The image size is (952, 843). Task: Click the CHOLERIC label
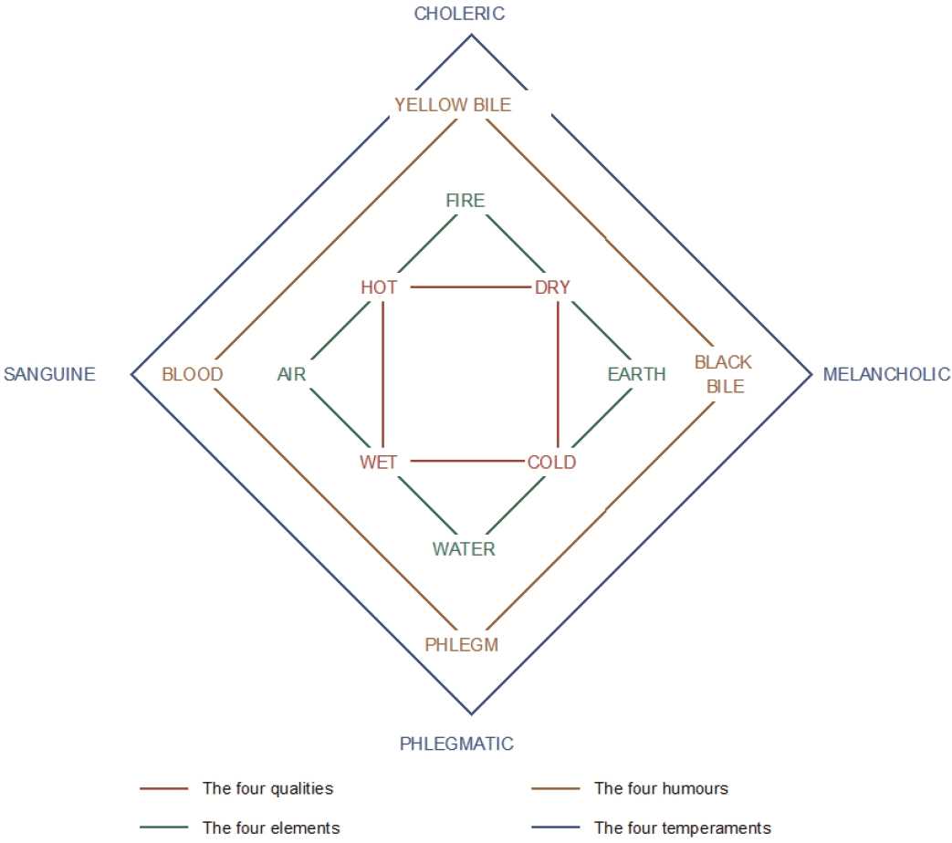coord(459,14)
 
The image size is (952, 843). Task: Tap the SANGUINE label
coord(50,374)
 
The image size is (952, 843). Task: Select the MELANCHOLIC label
coord(886,374)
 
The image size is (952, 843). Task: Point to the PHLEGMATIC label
coord(456,744)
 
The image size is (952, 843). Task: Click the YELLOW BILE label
coord(453,105)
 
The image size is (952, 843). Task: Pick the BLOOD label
coord(193,374)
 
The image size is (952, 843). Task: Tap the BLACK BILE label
coord(723,374)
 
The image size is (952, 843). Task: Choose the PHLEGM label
coord(462,644)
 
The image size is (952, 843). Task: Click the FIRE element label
coord(466,201)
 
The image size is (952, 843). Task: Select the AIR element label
coord(291,374)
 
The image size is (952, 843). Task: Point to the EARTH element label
coord(637,374)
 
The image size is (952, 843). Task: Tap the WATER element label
coord(464,548)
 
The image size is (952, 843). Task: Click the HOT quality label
coord(379,287)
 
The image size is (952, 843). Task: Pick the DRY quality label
coord(552,287)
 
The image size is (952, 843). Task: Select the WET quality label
coord(378,462)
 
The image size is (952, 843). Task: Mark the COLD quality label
coord(551,462)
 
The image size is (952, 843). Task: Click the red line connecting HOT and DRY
coord(471,287)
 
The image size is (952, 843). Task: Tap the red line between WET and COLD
coord(467,462)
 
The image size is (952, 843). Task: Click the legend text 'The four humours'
coord(661,788)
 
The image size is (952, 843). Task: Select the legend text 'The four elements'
coord(271,827)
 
